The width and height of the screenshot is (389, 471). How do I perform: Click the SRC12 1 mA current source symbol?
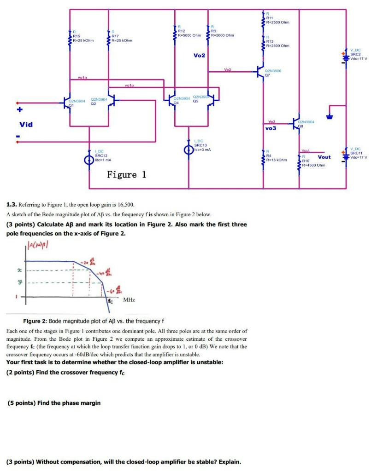click(x=89, y=160)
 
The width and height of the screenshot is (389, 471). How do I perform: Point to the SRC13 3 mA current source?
click(x=188, y=149)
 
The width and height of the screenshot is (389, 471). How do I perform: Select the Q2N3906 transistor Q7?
click(x=261, y=71)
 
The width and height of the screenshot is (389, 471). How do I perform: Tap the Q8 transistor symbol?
click(x=296, y=123)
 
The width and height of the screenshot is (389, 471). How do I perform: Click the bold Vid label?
click(x=26, y=124)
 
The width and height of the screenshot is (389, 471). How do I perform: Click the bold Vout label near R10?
click(x=324, y=157)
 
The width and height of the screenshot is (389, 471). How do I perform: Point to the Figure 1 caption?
click(x=126, y=175)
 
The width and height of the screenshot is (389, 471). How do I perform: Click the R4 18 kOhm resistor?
click(x=264, y=157)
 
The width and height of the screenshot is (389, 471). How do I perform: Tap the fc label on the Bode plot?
click(x=111, y=301)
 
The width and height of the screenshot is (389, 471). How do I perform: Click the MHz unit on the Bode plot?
click(x=129, y=300)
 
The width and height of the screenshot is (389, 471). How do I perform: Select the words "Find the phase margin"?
click(x=69, y=403)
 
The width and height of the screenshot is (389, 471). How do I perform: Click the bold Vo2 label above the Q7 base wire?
click(x=200, y=55)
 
